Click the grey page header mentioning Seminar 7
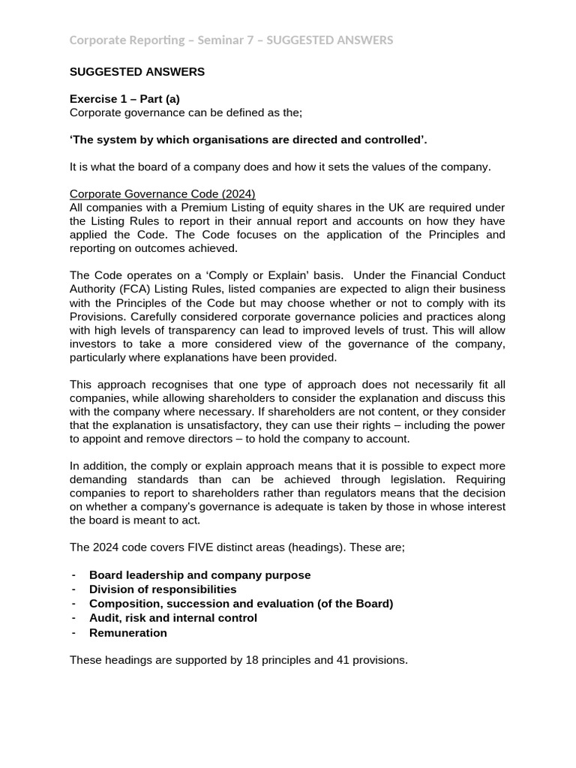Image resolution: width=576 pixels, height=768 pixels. (231, 40)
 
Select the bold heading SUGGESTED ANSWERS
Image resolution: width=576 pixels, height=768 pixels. (136, 72)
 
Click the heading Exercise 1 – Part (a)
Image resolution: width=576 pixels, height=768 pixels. (124, 99)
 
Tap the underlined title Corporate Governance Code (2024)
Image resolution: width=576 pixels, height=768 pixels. (163, 194)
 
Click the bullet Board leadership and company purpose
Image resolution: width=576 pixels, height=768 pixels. (199, 575)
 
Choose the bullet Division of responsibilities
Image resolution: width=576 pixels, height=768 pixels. (163, 589)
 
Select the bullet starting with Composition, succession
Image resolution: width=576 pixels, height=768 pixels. (241, 604)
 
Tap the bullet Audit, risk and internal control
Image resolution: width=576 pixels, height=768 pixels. (172, 618)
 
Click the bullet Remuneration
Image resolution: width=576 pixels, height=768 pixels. (128, 633)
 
